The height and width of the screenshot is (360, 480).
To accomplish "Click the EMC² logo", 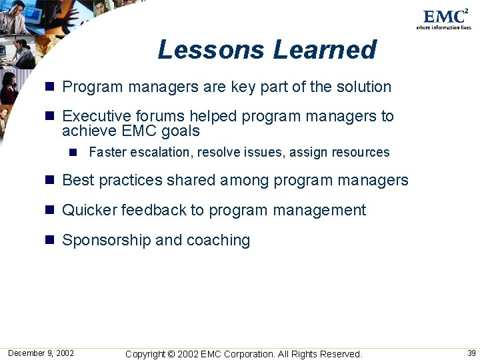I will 445,16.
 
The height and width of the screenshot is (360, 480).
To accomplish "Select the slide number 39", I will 471,353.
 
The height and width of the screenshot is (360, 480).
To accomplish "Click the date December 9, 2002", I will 41,353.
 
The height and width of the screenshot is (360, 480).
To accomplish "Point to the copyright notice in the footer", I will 243,354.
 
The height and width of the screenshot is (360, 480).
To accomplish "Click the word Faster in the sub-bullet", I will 107,152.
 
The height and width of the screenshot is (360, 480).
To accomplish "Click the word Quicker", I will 89,211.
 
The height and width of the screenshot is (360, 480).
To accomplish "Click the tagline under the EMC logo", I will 443,27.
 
